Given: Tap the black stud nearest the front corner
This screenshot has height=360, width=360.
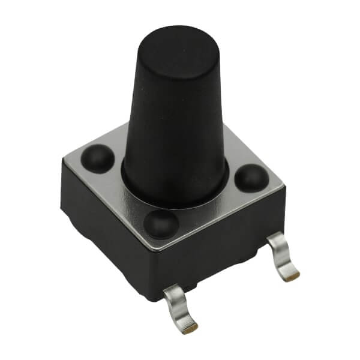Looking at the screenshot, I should (161, 224).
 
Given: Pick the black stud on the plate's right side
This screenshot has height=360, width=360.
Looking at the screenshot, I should (251, 178).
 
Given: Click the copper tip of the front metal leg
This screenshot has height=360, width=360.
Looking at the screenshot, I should (190, 328).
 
